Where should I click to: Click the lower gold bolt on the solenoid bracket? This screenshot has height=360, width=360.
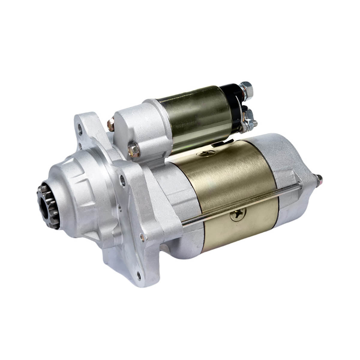[134, 150]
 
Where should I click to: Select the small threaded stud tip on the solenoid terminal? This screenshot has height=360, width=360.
[255, 123]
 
